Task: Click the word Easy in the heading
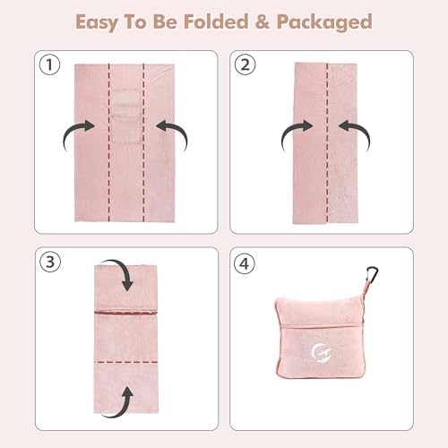(97, 22)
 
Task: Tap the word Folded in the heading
(216, 22)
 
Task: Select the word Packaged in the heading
(324, 22)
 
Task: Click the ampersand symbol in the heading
(263, 22)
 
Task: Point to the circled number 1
(49, 65)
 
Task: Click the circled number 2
(245, 65)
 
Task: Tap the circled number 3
(50, 262)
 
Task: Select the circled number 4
(245, 263)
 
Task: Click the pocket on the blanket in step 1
(126, 116)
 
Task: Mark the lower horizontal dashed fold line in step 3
(126, 362)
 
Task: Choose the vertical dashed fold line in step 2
(327, 142)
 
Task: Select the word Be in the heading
(165, 22)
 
